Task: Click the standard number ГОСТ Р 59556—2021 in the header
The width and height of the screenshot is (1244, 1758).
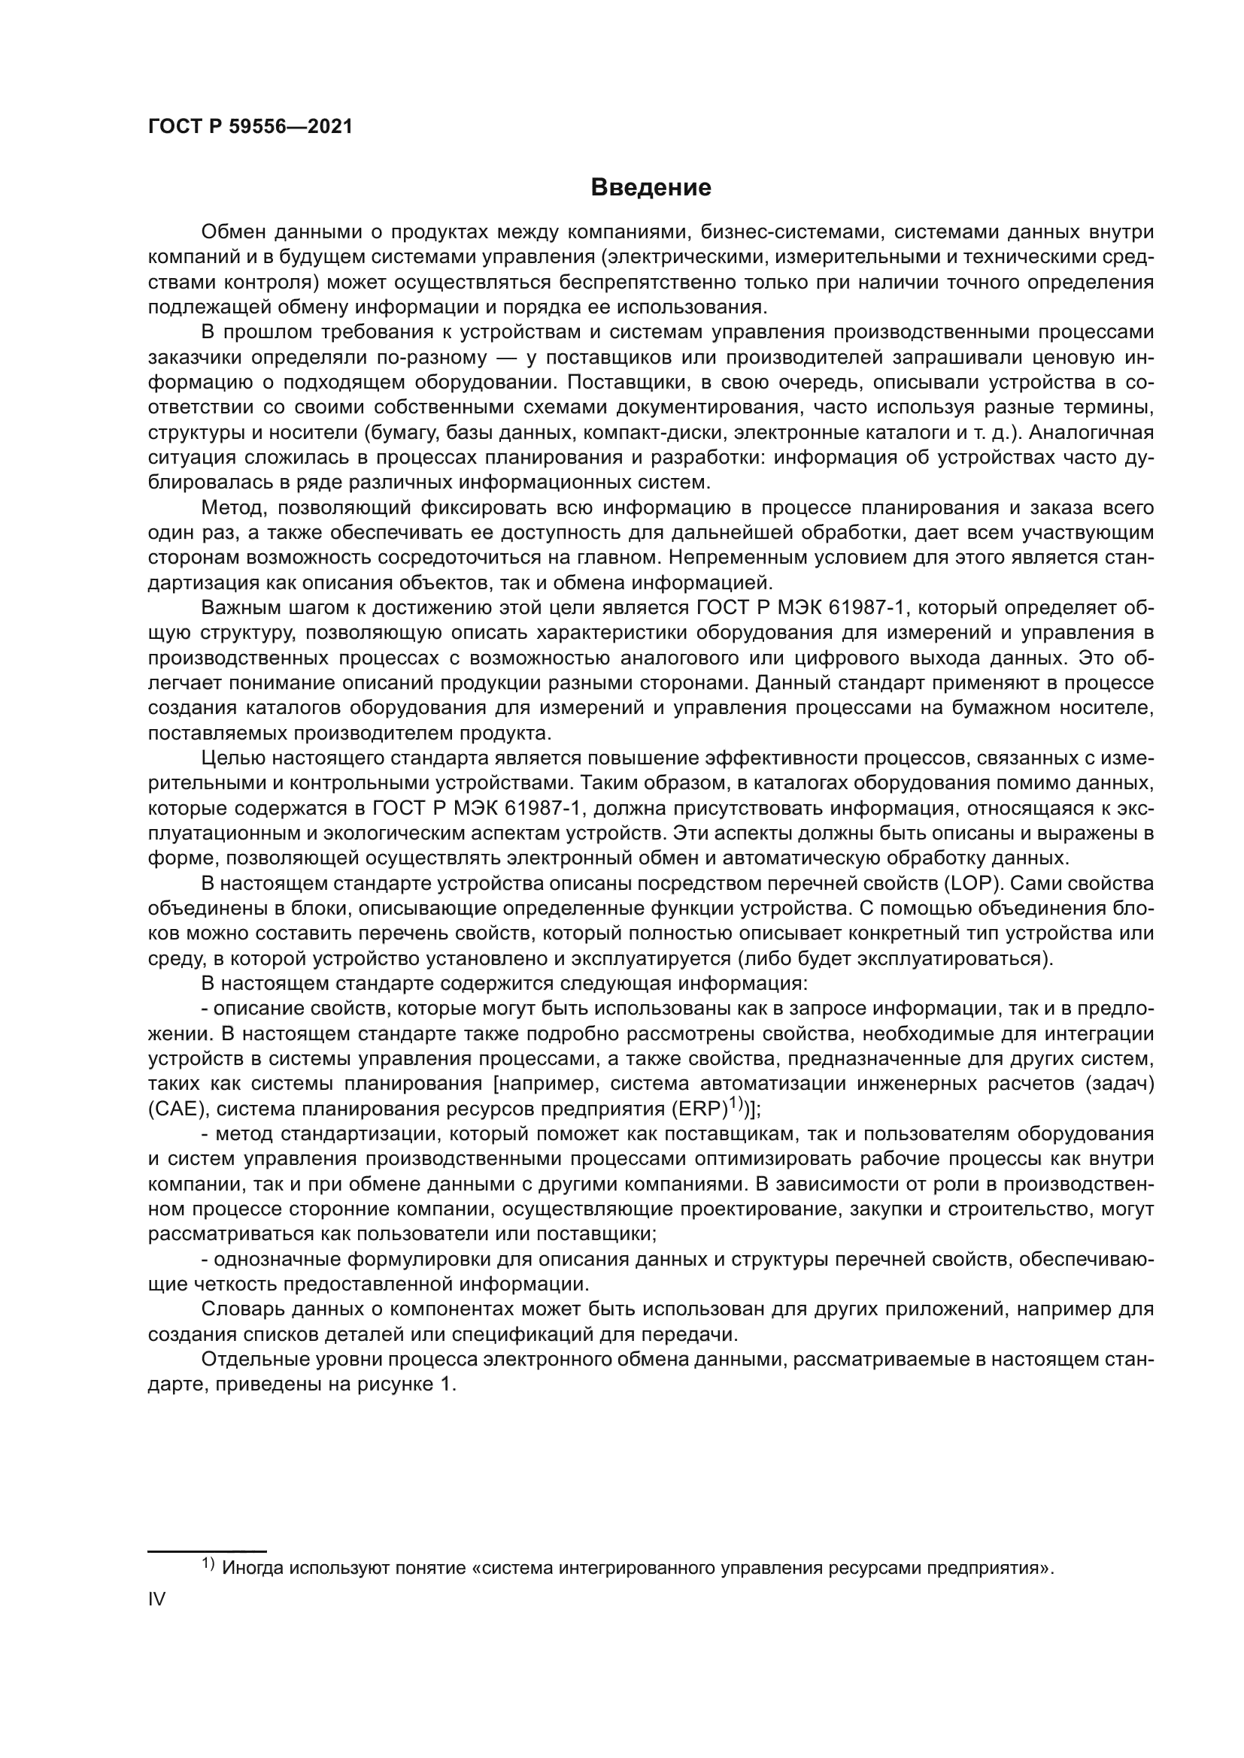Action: click(x=250, y=127)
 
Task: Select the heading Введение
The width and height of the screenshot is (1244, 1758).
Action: click(x=651, y=188)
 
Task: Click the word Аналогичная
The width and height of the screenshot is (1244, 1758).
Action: click(x=1091, y=433)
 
